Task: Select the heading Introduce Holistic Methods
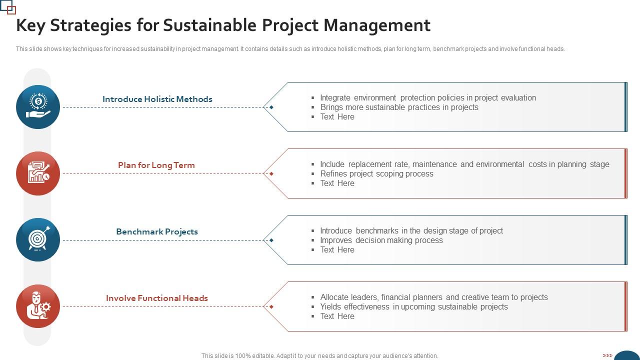[157, 99]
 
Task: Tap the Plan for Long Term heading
[156, 165]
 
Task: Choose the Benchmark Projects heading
[157, 231]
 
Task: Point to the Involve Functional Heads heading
[157, 298]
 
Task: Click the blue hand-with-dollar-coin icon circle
[38, 107]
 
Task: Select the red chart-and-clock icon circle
[38, 173]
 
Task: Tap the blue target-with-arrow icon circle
[38, 240]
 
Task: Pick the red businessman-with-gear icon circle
[38, 306]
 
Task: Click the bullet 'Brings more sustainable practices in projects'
[399, 107]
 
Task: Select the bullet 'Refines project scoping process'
[376, 174]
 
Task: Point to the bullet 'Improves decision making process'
[381, 240]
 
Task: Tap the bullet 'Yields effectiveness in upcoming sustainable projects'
[414, 307]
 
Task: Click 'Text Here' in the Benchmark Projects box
[337, 250]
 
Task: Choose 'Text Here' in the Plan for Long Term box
[337, 183]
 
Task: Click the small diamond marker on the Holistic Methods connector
[271, 107]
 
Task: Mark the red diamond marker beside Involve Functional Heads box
[271, 306]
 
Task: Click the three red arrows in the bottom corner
[607, 355]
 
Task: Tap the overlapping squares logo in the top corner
[8, 7]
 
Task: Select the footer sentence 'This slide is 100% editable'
[319, 356]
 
